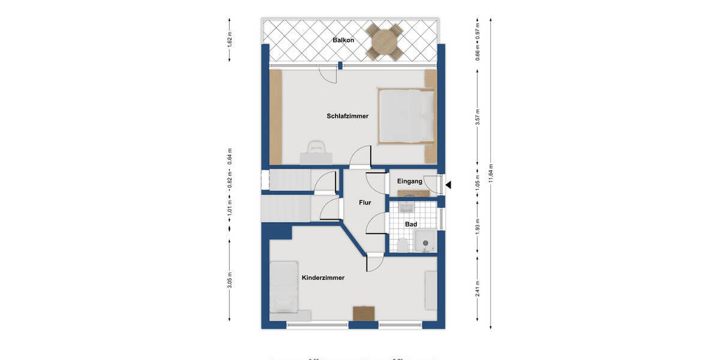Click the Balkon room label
343,40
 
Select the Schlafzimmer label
347,116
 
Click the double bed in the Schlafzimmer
406,116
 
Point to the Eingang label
410,181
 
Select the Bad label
411,224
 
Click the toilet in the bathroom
402,245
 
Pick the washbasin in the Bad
406,206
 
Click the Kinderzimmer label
323,278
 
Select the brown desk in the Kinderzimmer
364,313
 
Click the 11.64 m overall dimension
491,174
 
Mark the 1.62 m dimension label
230,39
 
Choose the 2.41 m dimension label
478,289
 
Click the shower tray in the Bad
427,241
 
